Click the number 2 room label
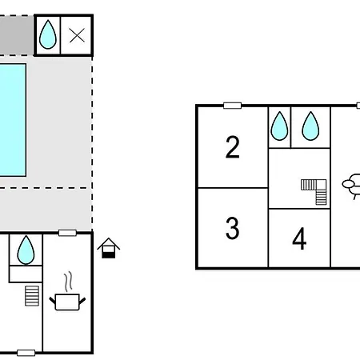coord(232,147)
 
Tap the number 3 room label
coord(232,228)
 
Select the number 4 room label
coord(299,238)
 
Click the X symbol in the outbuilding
coord(77,35)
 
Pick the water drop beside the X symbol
coord(48,34)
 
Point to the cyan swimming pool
coord(13,120)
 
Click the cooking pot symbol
coord(67,302)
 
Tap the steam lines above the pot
coord(68,282)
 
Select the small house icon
coord(108,248)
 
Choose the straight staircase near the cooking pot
coord(32,296)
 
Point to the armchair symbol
coord(352,186)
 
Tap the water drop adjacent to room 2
coord(279,126)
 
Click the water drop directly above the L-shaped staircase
coord(310,126)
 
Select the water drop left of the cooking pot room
coord(26,250)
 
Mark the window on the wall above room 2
coord(232,106)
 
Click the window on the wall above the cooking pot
coord(67,233)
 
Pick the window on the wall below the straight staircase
coord(26,353)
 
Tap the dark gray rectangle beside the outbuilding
coord(17,35)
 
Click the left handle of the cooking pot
coord(52,301)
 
